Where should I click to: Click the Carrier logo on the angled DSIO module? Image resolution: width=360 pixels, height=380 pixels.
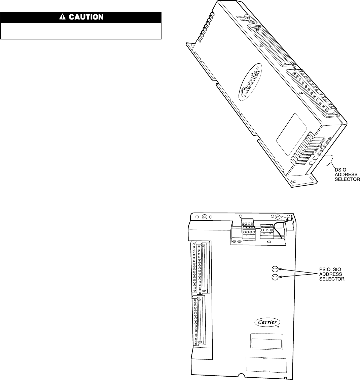(251, 81)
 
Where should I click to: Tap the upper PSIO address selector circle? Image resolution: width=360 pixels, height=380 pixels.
(275, 269)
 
